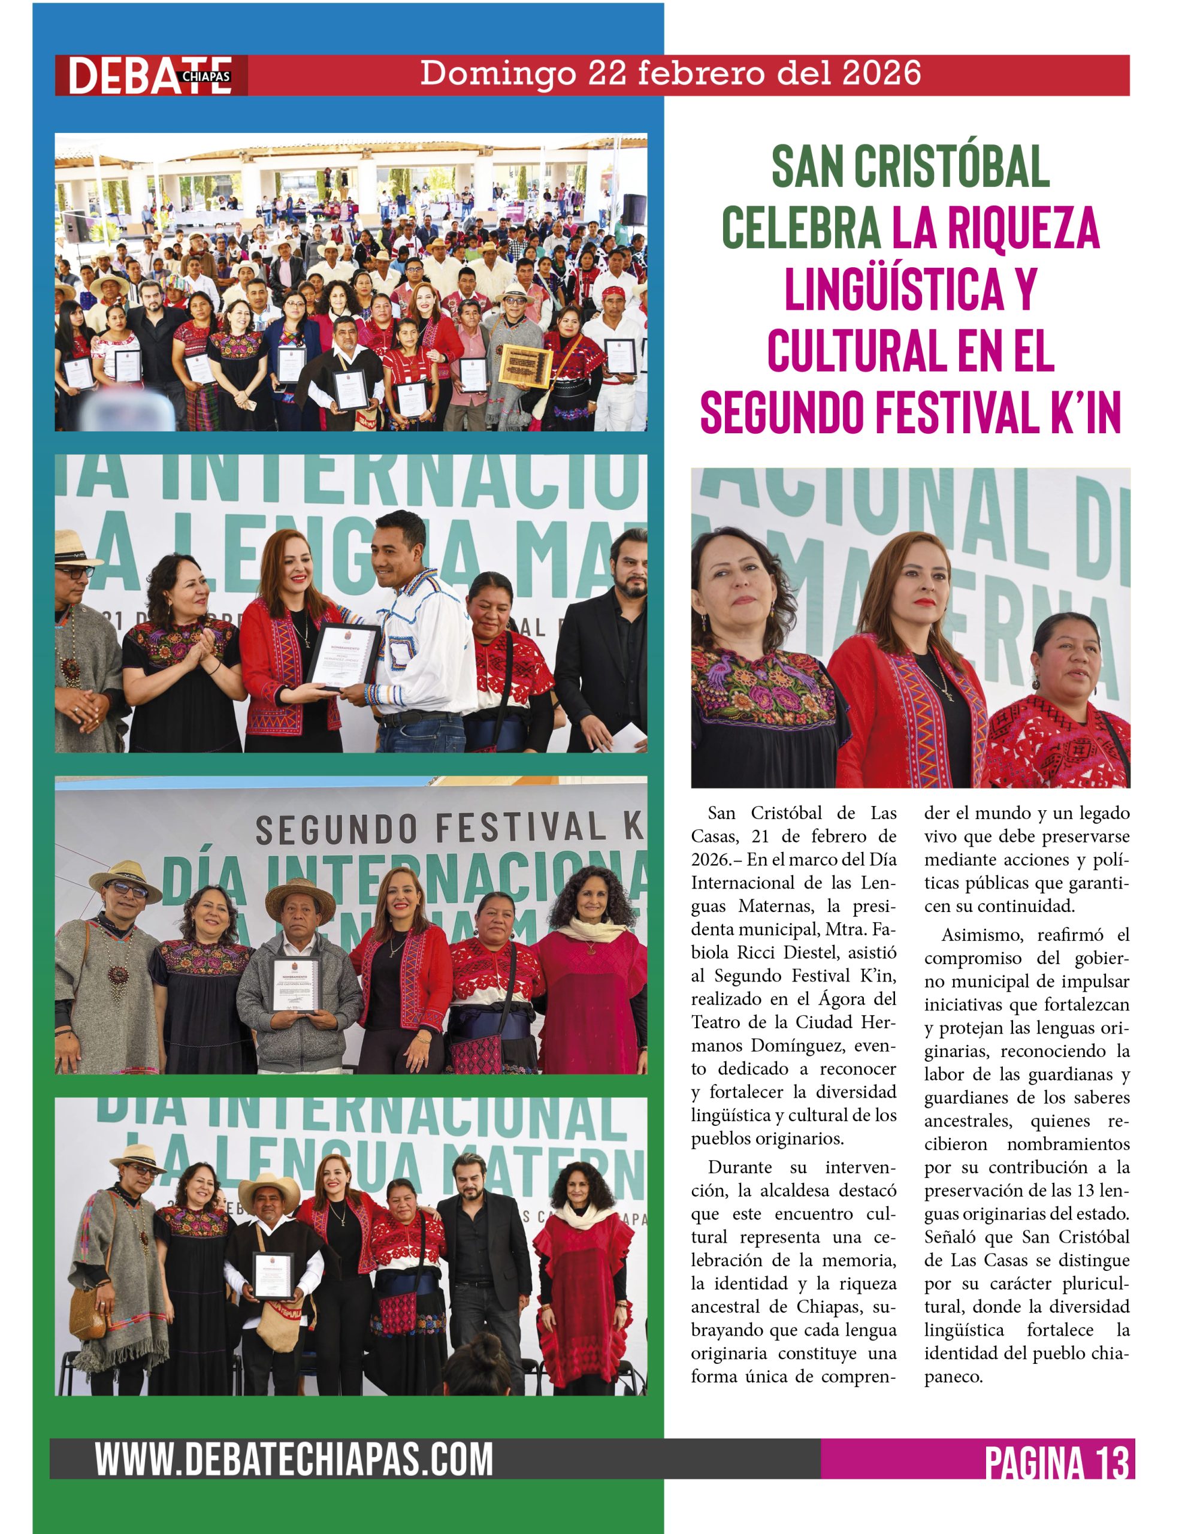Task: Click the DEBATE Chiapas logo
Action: [x=150, y=75]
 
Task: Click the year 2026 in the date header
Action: [x=881, y=73]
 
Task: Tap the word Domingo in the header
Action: [x=497, y=74]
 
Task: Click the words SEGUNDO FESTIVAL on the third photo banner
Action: [x=430, y=829]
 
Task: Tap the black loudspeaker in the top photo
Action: [x=634, y=209]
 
